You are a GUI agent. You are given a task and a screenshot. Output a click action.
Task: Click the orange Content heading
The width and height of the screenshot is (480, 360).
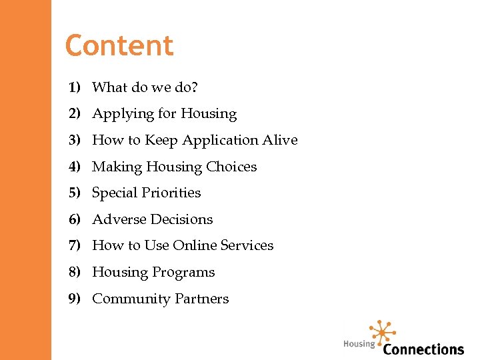pos(119,46)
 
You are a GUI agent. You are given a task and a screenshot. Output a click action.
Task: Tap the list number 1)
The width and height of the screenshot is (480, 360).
pos(74,87)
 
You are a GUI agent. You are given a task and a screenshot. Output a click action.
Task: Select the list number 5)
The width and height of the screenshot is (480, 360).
pos(74,193)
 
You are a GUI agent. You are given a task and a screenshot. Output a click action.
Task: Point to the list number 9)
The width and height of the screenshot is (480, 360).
pos(74,299)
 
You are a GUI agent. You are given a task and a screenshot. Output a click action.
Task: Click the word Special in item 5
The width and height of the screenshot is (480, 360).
pos(113,193)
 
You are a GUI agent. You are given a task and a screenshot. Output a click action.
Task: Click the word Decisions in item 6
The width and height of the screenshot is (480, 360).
pos(181,219)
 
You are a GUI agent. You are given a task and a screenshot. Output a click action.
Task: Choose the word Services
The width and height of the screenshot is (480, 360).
pos(247,245)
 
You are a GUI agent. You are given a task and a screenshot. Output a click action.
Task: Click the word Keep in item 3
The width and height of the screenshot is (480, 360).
pos(161,140)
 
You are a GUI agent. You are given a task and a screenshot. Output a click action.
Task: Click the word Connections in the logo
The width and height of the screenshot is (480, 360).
pos(423,349)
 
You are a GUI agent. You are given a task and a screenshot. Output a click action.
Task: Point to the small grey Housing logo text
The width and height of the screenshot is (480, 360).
pos(359,344)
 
